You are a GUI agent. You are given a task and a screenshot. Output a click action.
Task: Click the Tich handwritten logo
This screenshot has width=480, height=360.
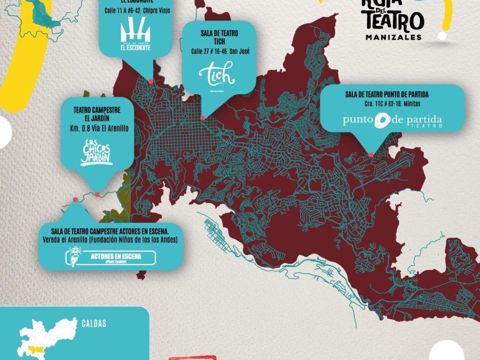click(x=216, y=74)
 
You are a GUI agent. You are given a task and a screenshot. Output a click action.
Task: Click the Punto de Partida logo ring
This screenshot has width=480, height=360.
click(x=381, y=120)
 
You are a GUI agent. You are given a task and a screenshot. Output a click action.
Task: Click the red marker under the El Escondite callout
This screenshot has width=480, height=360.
click(x=151, y=81)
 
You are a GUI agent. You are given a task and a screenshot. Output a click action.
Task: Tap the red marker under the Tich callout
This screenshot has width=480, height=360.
click(x=202, y=118)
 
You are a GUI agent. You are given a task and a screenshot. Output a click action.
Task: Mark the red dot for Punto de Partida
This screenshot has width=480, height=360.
click(x=371, y=155)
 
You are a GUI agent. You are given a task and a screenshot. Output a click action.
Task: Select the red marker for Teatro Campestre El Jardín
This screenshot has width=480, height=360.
click(x=97, y=195)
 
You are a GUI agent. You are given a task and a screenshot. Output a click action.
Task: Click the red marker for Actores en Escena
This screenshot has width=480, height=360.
click(x=75, y=200)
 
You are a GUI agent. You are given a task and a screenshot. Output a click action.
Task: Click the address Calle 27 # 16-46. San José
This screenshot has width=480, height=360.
click(x=220, y=51)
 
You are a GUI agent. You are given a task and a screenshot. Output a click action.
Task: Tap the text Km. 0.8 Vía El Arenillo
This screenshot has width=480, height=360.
click(x=97, y=127)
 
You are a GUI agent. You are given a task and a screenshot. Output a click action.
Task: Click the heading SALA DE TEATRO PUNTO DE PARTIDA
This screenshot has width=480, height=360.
click(x=387, y=94)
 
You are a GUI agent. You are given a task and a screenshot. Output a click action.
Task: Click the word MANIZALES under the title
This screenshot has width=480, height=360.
click(x=393, y=37)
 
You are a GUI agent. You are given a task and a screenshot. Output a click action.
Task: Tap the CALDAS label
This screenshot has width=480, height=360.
click(x=94, y=323)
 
